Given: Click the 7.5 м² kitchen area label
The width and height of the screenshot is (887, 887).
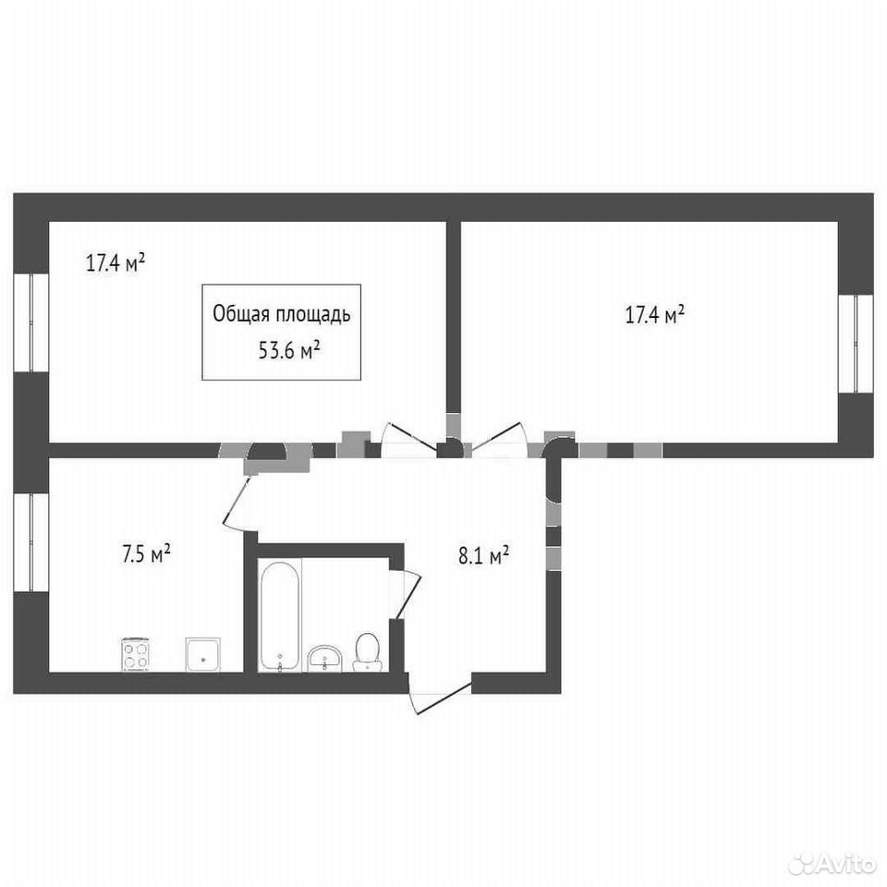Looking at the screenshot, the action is click(147, 553).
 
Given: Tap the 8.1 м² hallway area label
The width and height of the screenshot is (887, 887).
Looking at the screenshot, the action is click(483, 555).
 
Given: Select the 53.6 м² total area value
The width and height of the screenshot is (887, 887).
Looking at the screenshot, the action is click(289, 351).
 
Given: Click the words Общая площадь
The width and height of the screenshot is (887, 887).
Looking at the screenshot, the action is click(282, 314).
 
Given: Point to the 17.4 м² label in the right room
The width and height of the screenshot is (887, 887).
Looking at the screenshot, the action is click(655, 314).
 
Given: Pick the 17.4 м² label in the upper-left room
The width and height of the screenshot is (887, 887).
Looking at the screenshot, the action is click(115, 263).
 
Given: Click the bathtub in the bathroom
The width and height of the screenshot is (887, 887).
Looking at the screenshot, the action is click(279, 616).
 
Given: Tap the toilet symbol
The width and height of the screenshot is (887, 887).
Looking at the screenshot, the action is click(367, 651).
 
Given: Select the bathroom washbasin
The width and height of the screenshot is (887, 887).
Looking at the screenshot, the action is click(324, 659).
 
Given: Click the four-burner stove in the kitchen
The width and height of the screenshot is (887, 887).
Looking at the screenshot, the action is click(136, 654).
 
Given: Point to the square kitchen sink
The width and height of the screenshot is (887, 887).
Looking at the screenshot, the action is click(202, 654).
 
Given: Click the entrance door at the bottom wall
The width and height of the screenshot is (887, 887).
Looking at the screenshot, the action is click(440, 695).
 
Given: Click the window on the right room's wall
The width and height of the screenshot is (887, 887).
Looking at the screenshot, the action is click(856, 344).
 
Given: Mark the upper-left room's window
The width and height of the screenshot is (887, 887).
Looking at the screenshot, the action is click(31, 323).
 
